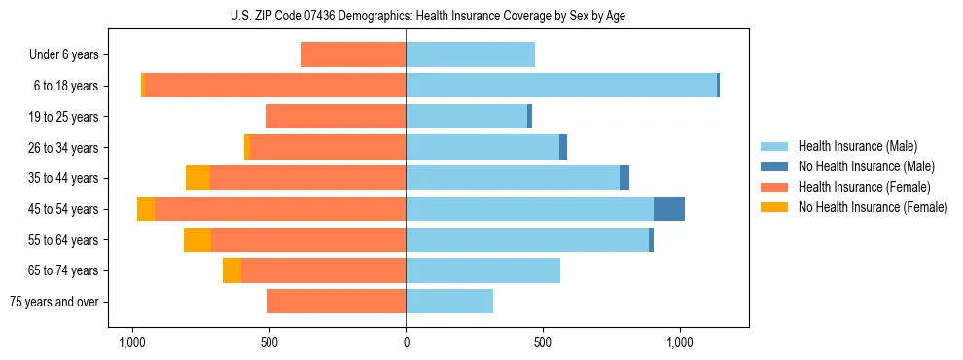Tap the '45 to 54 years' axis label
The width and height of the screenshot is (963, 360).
click(x=65, y=209)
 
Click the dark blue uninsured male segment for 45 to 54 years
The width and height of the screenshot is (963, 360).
click(x=668, y=209)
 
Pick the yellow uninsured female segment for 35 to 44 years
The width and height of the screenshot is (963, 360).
click(x=197, y=178)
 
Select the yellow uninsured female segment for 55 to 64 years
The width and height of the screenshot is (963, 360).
click(x=196, y=240)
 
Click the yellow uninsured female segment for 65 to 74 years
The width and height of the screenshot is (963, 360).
click(x=232, y=270)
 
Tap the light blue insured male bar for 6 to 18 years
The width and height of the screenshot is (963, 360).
click(x=561, y=86)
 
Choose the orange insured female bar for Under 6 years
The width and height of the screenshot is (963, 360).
click(x=353, y=54)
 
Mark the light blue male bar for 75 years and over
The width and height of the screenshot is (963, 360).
click(x=449, y=302)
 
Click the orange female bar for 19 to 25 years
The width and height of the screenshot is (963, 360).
click(x=336, y=117)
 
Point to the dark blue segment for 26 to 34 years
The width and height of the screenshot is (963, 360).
click(x=563, y=147)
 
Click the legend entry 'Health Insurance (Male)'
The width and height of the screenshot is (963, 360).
click(x=857, y=146)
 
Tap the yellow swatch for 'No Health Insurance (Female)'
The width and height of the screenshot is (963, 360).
click(x=775, y=207)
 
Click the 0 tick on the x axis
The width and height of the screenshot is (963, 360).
click(x=406, y=342)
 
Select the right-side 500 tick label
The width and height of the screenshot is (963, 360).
click(x=543, y=342)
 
